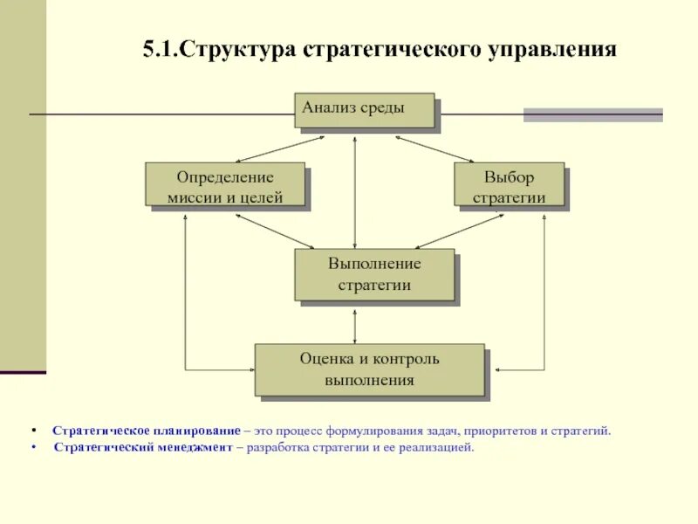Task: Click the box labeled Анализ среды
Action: [364, 111]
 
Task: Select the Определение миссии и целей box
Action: [225, 184]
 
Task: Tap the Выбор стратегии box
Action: [509, 185]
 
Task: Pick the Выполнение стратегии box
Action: [374, 274]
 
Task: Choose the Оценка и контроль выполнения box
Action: [369, 369]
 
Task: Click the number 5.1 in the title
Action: [160, 49]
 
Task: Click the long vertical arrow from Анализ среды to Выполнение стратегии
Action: [356, 192]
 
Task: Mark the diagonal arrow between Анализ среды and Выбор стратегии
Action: [434, 148]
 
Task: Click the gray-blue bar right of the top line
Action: [592, 114]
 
